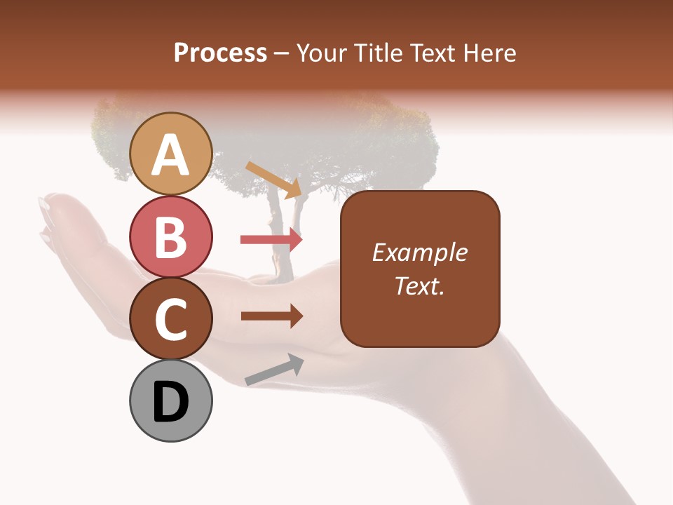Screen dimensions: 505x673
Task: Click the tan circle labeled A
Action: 170,154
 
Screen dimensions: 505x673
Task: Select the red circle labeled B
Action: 170,236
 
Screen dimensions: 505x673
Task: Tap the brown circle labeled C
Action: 170,319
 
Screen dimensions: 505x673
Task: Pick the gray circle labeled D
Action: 170,402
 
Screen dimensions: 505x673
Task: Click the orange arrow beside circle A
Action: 273,178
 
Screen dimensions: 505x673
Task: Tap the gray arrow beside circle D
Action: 274,370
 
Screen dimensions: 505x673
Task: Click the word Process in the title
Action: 220,53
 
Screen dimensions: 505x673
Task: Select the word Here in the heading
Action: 489,53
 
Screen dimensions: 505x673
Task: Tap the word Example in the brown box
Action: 420,252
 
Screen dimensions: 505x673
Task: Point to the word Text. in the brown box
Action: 420,285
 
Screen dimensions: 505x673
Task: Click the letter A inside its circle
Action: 170,155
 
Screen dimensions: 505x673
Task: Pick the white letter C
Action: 170,320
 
